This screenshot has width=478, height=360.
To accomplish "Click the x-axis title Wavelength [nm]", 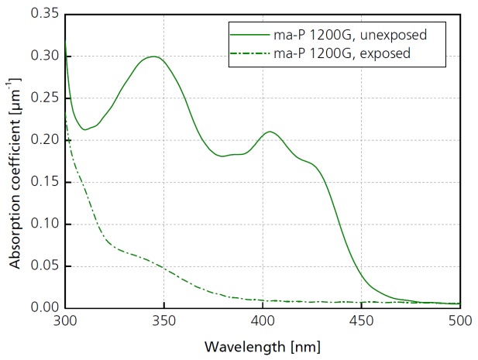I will click(x=263, y=345).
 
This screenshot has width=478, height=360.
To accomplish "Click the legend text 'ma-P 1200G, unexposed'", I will click(x=352, y=35).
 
